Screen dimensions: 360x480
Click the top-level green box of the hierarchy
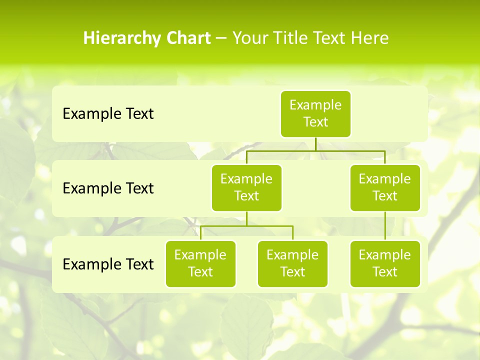point(315,114)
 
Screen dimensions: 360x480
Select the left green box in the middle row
point(246,188)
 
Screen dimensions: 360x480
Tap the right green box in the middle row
point(385,188)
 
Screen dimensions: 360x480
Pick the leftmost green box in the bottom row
point(200,264)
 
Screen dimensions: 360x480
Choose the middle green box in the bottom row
point(292,264)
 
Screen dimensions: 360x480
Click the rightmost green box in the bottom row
point(385,264)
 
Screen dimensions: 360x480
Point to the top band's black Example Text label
point(108,114)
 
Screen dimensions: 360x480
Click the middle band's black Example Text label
point(108,188)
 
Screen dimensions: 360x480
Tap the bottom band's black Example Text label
point(108,264)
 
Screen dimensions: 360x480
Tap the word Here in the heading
point(370,38)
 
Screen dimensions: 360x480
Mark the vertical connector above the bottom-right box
point(385,226)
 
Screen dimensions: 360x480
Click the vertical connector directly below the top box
point(315,144)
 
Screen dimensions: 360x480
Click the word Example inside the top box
point(315,105)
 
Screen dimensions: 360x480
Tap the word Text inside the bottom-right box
point(385,272)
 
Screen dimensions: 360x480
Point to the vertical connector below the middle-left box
point(246,218)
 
